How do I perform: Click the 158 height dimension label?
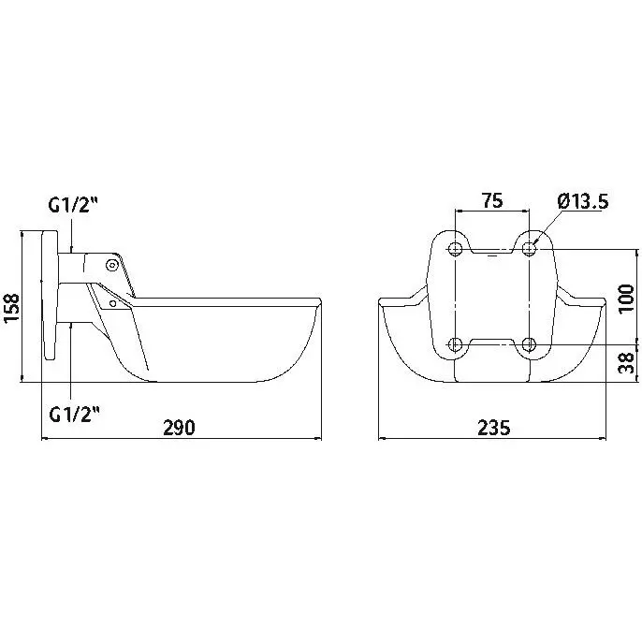[12, 308]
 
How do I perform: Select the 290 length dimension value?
[180, 428]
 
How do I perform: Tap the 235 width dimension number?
[494, 428]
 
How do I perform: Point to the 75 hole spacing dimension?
[491, 200]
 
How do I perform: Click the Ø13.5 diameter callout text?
[583, 201]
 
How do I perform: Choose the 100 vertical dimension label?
[626, 299]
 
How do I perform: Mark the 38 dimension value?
[626, 363]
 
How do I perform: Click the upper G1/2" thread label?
[74, 205]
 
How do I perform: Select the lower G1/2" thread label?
[75, 415]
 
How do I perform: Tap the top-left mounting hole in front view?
[455, 249]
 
